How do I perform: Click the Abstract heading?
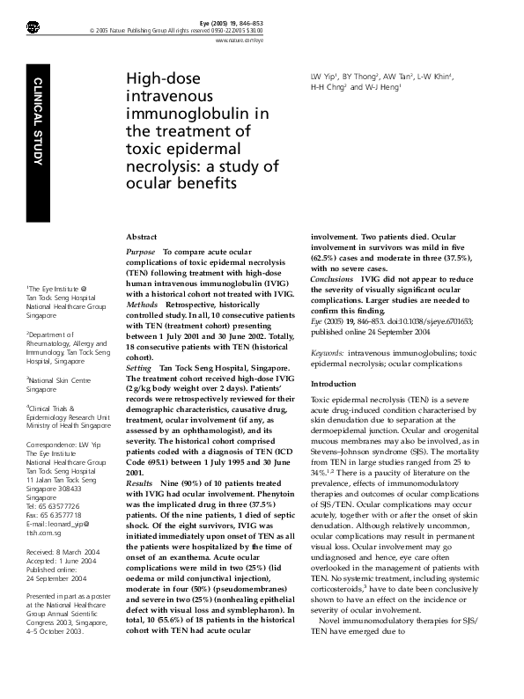tap(142, 238)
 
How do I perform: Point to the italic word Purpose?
tap(142, 252)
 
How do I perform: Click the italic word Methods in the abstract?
tap(142, 303)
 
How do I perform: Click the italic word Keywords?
tap(328, 352)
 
